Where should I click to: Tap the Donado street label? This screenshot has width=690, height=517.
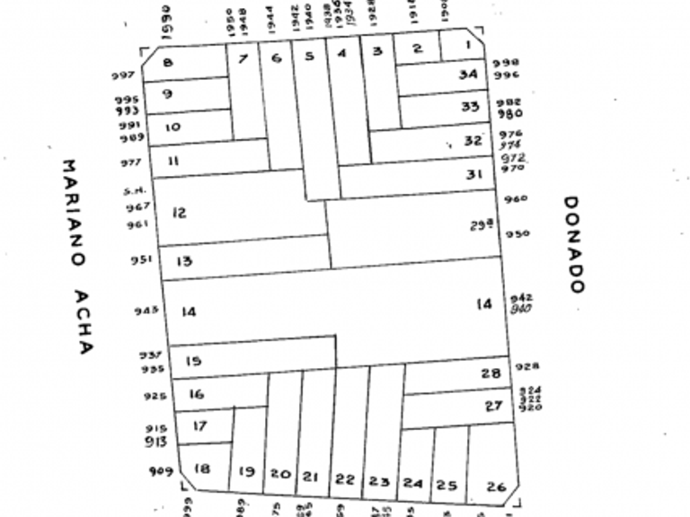574,244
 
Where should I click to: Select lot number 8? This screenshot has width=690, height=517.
168,62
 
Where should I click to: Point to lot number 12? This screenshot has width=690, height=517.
179,213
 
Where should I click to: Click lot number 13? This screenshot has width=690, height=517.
184,261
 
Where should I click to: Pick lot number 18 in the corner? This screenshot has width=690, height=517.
202,468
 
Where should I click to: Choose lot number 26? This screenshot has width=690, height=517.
496,486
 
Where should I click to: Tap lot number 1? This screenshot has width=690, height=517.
467,43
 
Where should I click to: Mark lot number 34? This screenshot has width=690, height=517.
467,74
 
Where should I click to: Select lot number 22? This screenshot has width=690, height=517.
345,478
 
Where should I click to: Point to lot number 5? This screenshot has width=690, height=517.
309,57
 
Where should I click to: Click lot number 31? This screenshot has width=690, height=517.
474,174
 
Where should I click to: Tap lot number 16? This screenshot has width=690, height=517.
197,394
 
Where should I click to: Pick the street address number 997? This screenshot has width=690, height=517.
123,75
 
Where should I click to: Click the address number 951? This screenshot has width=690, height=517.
141,260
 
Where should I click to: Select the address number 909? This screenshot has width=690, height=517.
161,470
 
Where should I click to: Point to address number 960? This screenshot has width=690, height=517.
516,198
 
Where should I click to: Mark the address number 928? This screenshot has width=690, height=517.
527,366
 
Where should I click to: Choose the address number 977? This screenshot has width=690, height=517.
131,162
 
